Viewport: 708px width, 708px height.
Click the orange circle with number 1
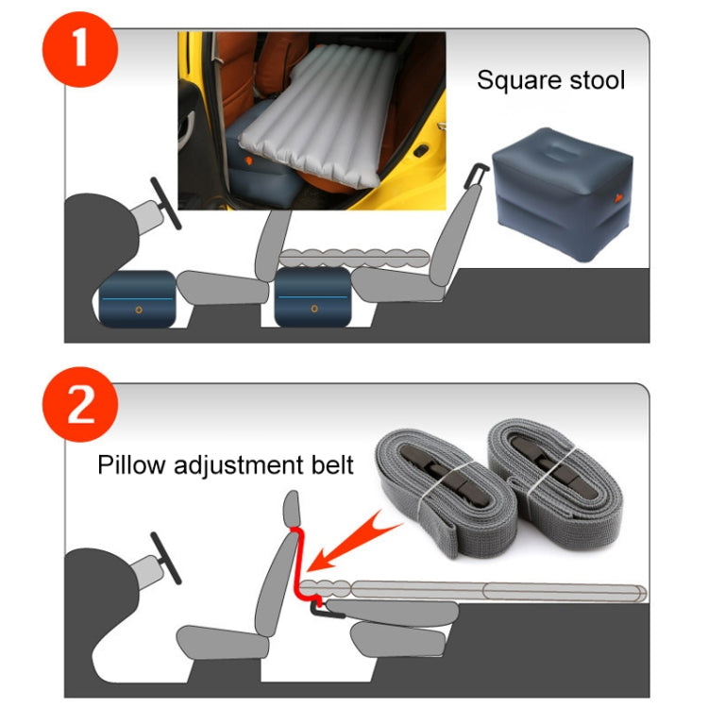point(81,46)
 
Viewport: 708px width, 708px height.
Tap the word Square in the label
point(516,79)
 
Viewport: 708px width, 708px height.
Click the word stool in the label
point(595,79)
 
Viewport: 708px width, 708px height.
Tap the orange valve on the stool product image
point(617,199)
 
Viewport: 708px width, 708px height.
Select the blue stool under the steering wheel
point(138,298)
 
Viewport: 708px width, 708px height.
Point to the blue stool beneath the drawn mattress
point(312,298)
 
